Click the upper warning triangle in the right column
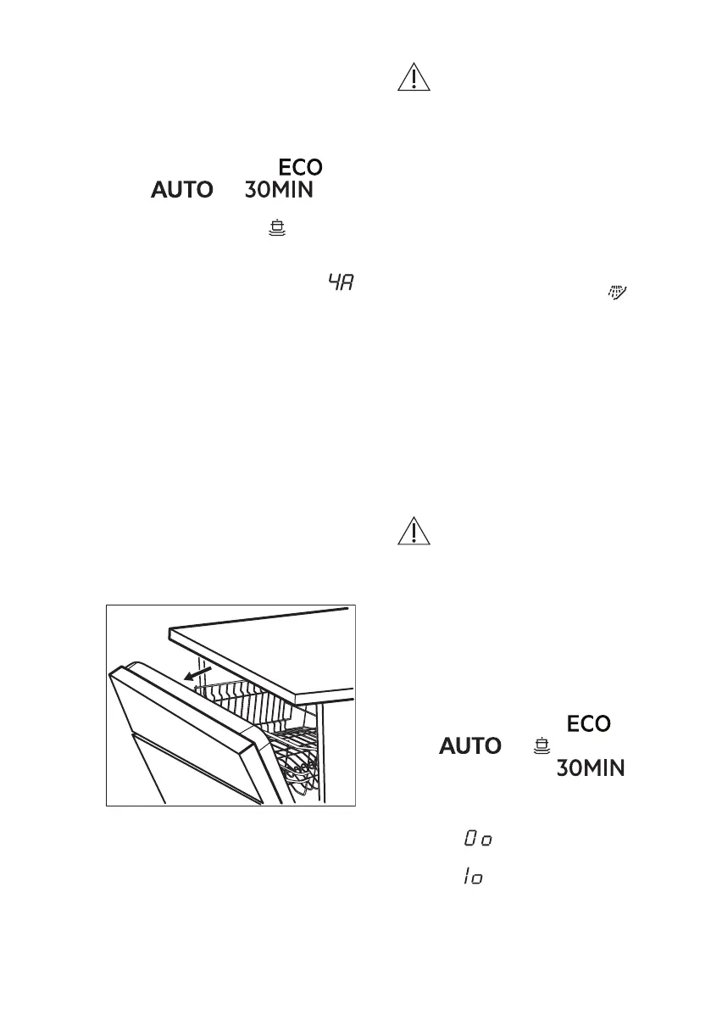pyautogui.click(x=414, y=78)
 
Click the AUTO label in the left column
pyautogui.click(x=182, y=191)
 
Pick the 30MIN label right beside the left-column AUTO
pyautogui.click(x=280, y=191)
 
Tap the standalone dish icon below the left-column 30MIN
pyautogui.click(x=274, y=228)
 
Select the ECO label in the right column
pyautogui.click(x=588, y=724)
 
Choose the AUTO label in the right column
pyautogui.click(x=470, y=746)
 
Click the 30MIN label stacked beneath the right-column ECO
pyautogui.click(x=591, y=768)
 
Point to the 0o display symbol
pyautogui.click(x=478, y=839)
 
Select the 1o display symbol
pyautogui.click(x=473, y=878)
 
